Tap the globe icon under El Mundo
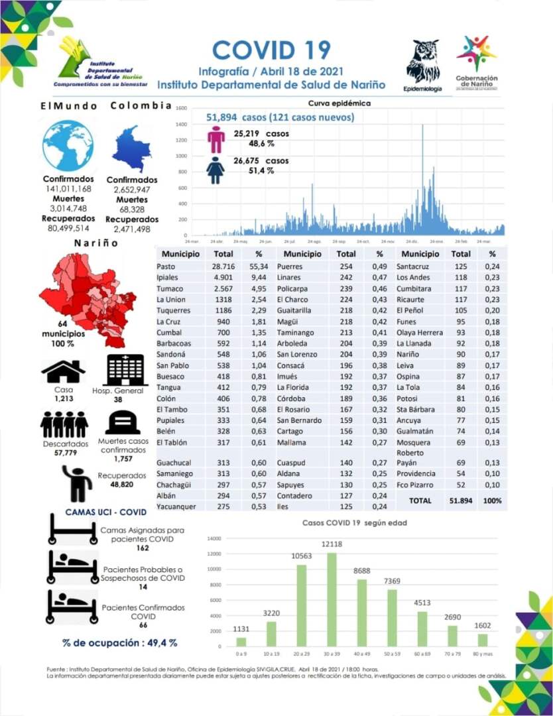[x=68, y=146]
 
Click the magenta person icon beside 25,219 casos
[x=216, y=139]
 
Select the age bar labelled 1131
[x=241, y=641]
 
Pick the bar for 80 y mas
[x=482, y=639]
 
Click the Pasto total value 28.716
[x=224, y=265]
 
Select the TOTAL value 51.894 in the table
[x=461, y=501]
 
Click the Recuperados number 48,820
[x=122, y=485]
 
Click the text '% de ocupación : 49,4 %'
[x=120, y=642]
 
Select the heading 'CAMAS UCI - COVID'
[x=106, y=512]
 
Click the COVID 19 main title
[x=271, y=50]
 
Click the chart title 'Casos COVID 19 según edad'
[x=355, y=523]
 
